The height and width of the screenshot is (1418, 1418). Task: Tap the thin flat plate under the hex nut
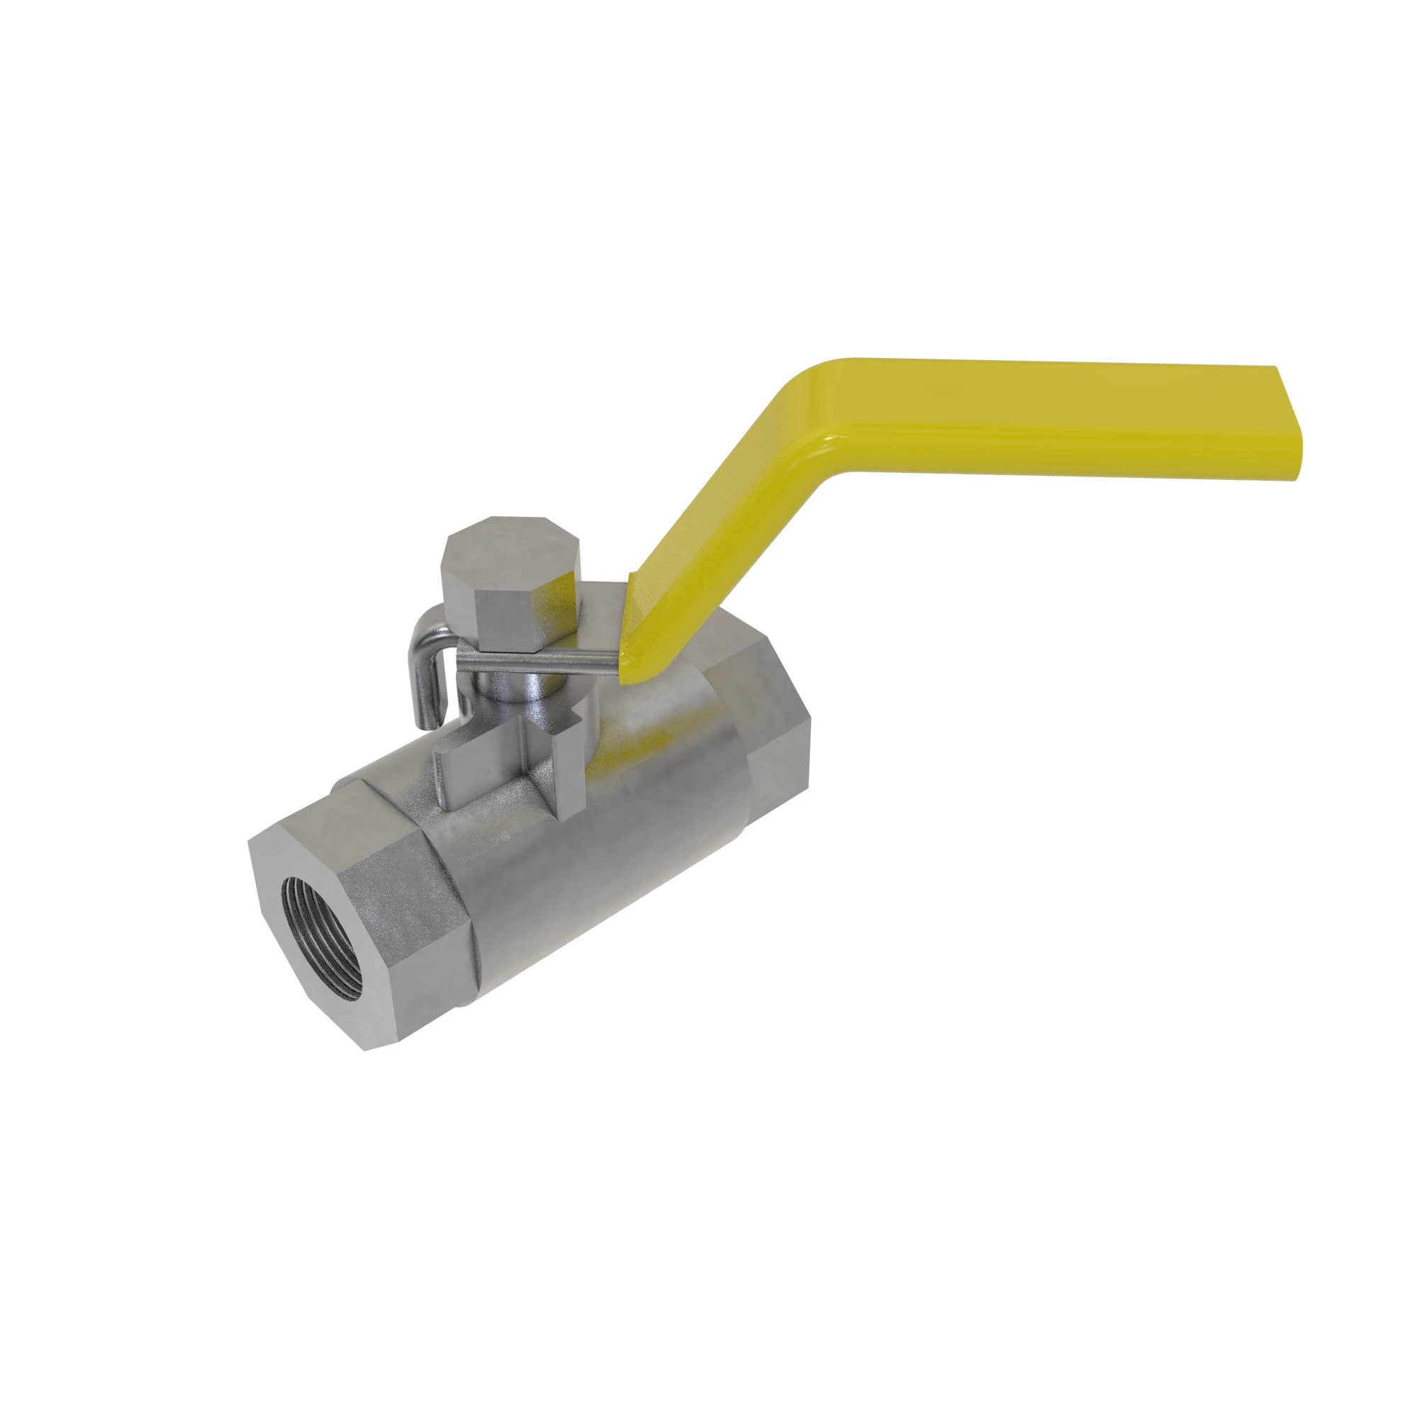coord(543,661)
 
